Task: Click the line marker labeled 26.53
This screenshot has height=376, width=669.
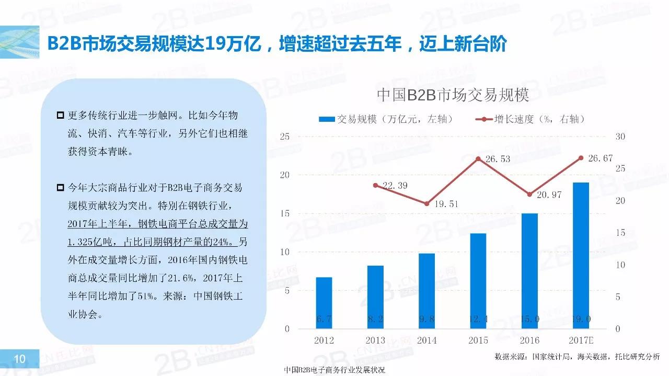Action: point(478,158)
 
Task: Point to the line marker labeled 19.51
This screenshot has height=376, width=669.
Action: point(426,203)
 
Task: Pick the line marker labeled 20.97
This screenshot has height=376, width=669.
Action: point(529,194)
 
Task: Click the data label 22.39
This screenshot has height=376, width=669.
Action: point(395,186)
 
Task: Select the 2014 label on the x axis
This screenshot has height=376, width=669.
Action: point(426,340)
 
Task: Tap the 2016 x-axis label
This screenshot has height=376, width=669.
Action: point(529,340)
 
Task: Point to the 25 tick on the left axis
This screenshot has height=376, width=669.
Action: point(284,136)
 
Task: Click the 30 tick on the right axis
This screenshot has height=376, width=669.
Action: point(620,136)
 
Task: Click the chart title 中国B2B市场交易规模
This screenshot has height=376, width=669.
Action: point(453,95)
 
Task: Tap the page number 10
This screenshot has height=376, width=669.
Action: point(20,359)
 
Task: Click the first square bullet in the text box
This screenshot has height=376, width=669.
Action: point(61,115)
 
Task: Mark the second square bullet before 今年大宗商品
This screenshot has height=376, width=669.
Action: point(61,187)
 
